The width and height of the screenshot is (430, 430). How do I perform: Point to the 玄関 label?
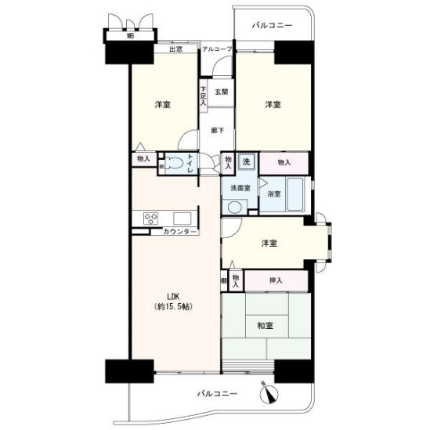coord(222,92)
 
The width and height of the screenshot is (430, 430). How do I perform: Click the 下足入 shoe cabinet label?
coord(202,96)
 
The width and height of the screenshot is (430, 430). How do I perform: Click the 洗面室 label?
coord(239,188)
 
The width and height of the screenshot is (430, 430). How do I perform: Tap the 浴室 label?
coord(273,193)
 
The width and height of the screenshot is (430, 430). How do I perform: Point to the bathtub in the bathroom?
coord(296,195)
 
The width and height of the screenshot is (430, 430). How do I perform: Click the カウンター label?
coord(180,232)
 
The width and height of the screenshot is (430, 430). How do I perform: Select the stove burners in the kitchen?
coord(150,218)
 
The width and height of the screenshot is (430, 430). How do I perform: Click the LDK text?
coord(173,295)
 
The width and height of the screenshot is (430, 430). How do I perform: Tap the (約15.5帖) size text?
coord(174,306)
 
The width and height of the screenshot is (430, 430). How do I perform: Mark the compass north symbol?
coord(271,389)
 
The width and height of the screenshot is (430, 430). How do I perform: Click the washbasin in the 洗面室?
coord(233,206)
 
